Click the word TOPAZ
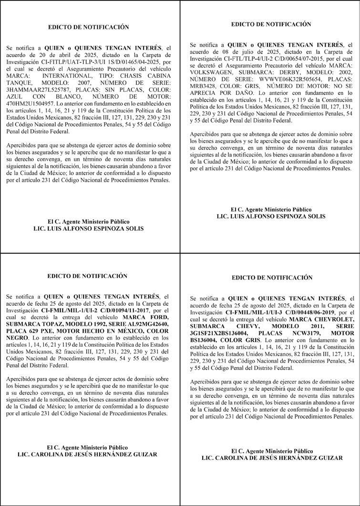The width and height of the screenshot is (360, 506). click(x=67, y=324)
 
